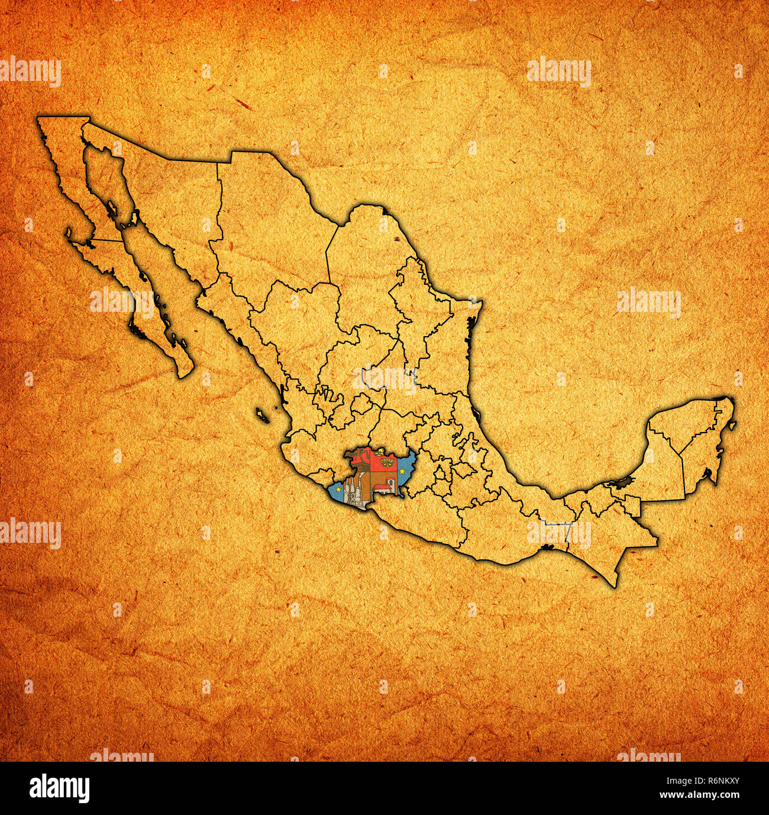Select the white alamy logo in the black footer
(59, 788)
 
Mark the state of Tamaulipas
(432, 331)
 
